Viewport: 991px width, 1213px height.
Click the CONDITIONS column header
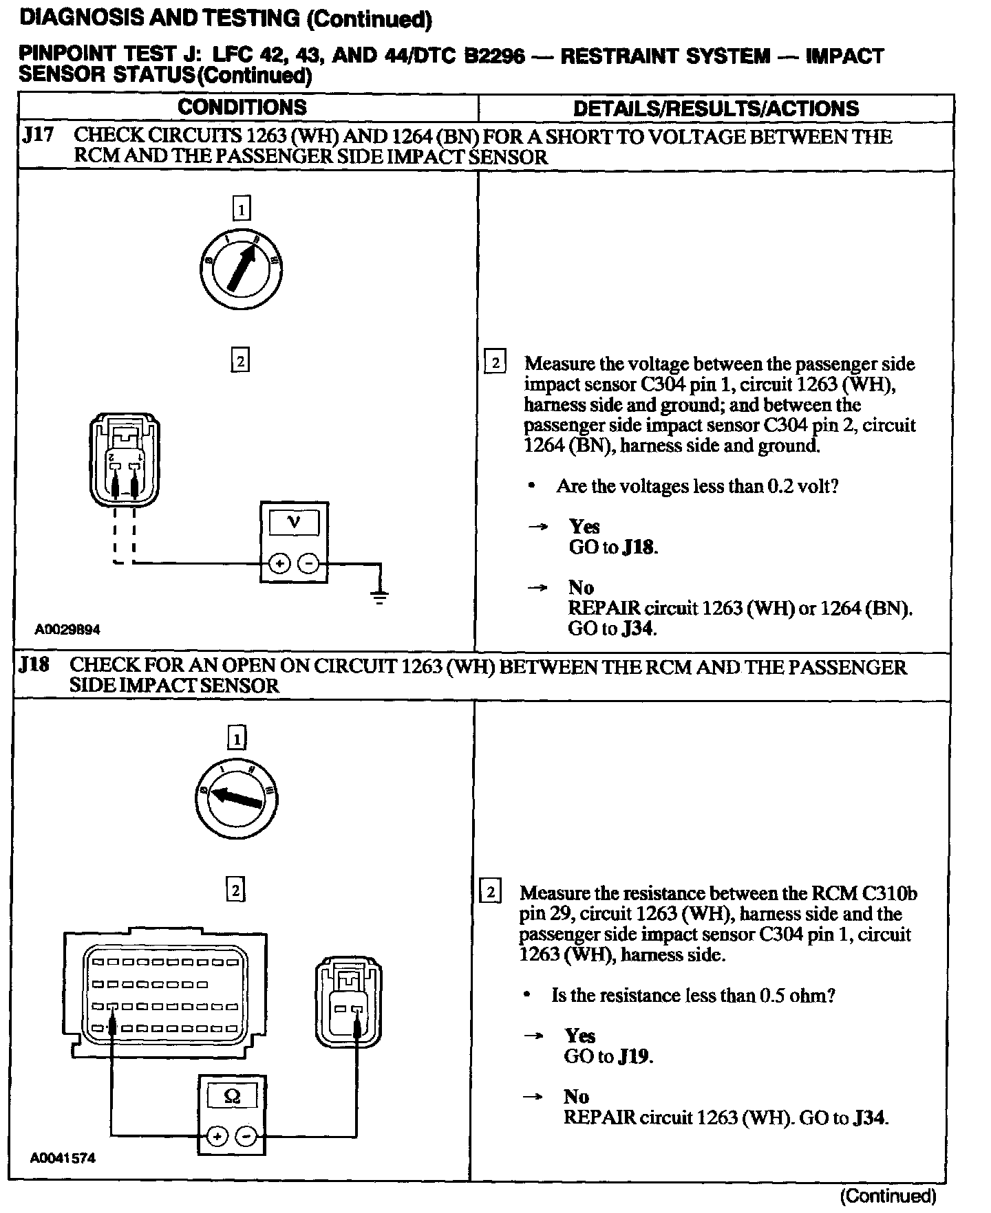click(x=242, y=107)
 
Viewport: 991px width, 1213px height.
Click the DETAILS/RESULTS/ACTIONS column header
click(x=716, y=109)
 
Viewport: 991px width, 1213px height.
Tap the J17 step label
click(x=38, y=136)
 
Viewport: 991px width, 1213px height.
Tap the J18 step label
click(x=34, y=666)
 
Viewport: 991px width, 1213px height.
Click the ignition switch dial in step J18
click(x=236, y=798)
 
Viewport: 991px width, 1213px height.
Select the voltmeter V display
click(x=294, y=523)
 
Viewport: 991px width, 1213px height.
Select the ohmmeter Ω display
click(x=232, y=1095)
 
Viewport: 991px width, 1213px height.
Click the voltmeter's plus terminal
click(x=279, y=565)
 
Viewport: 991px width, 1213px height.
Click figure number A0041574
click(x=63, y=1158)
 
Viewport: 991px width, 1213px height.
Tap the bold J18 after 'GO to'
click(x=639, y=547)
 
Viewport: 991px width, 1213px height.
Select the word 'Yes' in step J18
click(x=579, y=1036)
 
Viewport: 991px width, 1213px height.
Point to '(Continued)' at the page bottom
click(x=888, y=1196)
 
